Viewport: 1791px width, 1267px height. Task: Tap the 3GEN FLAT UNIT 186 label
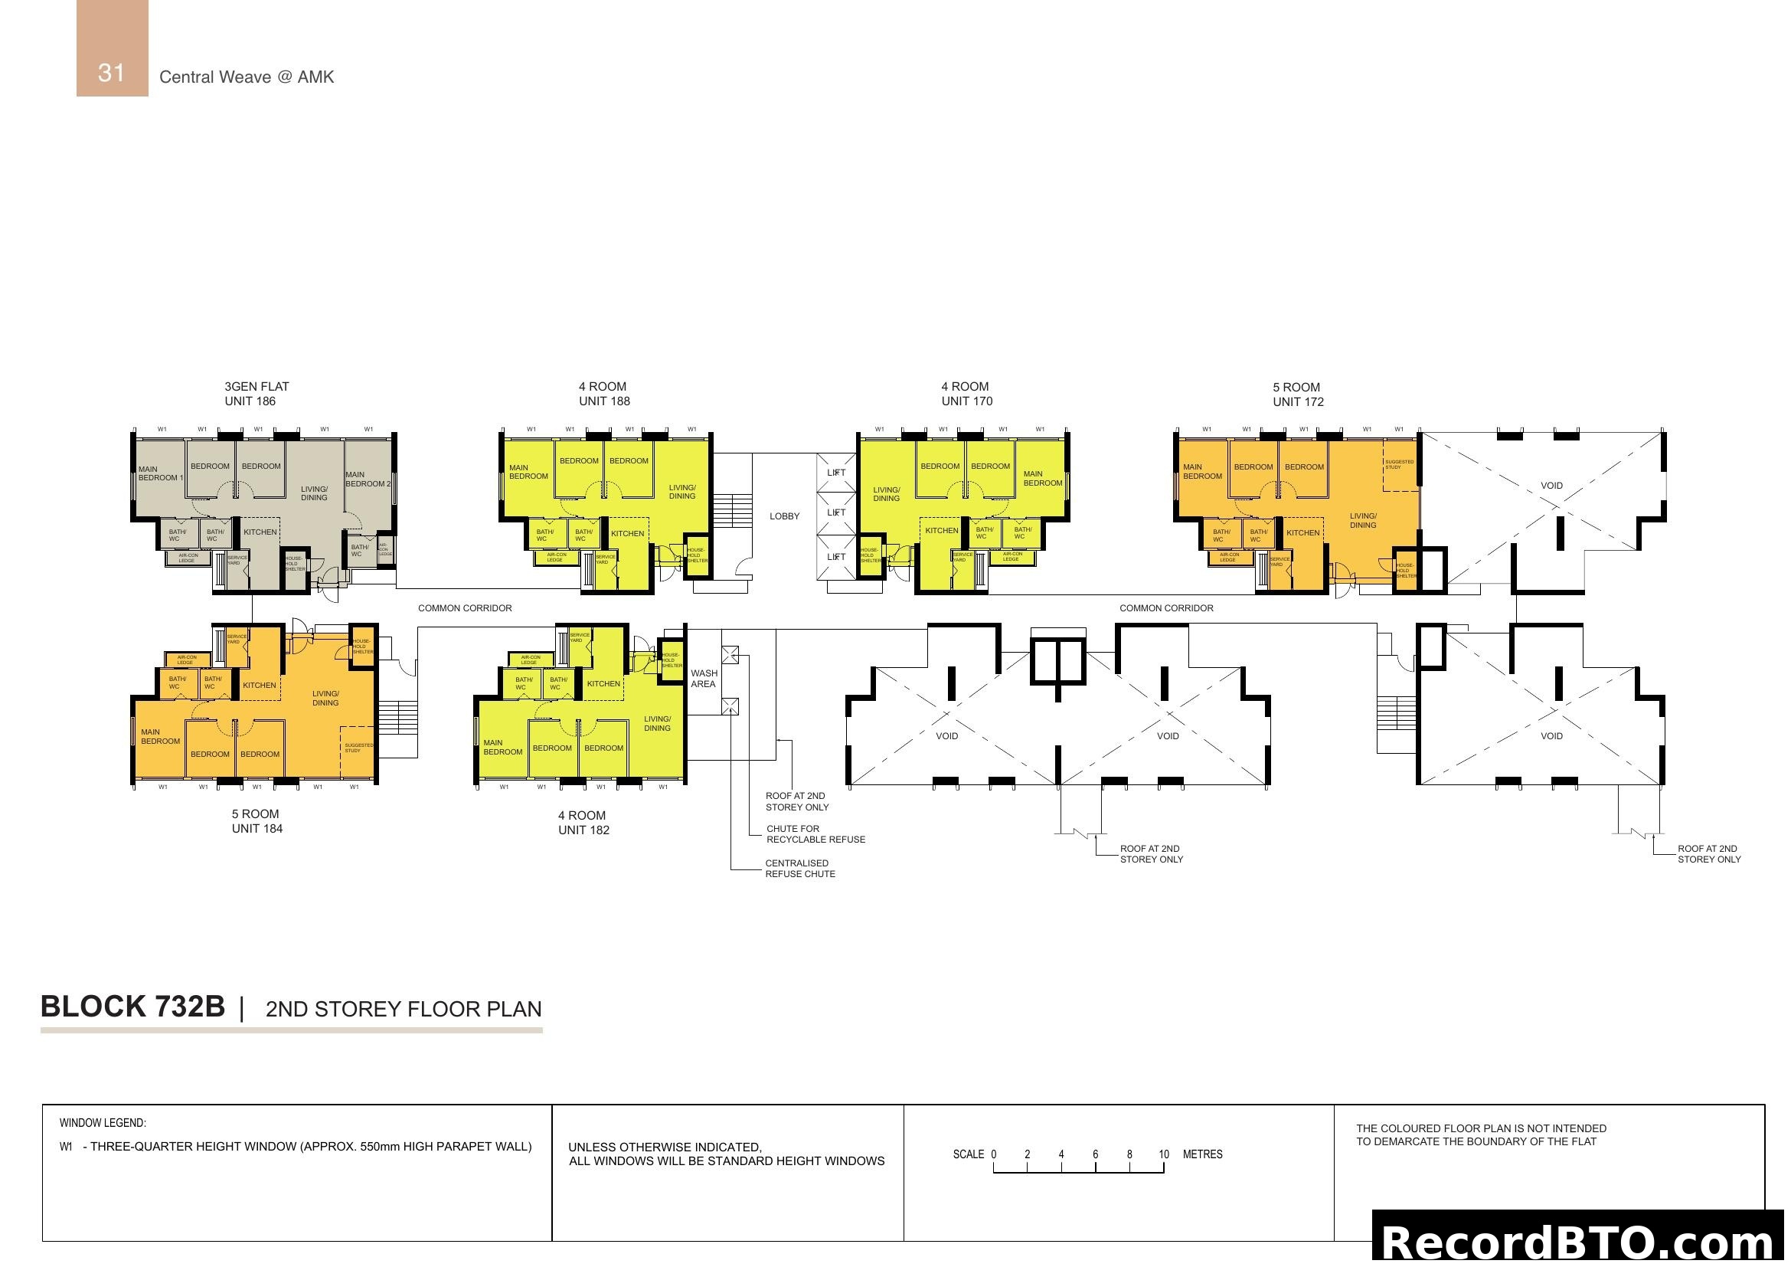click(256, 394)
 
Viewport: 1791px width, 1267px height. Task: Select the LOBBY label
click(784, 516)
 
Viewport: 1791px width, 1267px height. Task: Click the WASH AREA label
click(703, 679)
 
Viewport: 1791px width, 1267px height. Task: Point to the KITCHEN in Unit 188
click(627, 534)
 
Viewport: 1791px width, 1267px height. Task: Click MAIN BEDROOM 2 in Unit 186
click(368, 479)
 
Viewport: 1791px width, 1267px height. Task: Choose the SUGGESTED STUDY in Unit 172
click(1399, 464)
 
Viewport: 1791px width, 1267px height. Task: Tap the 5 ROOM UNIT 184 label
click(256, 821)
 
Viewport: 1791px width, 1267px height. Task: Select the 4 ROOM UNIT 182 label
click(583, 823)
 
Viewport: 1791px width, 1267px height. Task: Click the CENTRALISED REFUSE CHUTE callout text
click(799, 869)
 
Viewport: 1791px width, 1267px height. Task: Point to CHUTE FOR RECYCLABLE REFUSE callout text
click(815, 834)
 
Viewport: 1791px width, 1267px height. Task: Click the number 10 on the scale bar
click(1163, 1154)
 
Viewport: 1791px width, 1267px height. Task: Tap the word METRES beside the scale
click(1202, 1154)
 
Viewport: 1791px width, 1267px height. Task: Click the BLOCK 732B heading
click(132, 1007)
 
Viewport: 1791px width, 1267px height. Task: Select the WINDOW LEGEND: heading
click(102, 1124)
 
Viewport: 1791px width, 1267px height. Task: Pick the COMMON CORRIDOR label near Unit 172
click(1165, 608)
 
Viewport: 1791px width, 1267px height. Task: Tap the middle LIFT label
click(835, 512)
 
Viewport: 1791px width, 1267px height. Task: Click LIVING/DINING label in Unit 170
click(885, 495)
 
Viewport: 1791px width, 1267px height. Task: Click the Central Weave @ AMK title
click(247, 77)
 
